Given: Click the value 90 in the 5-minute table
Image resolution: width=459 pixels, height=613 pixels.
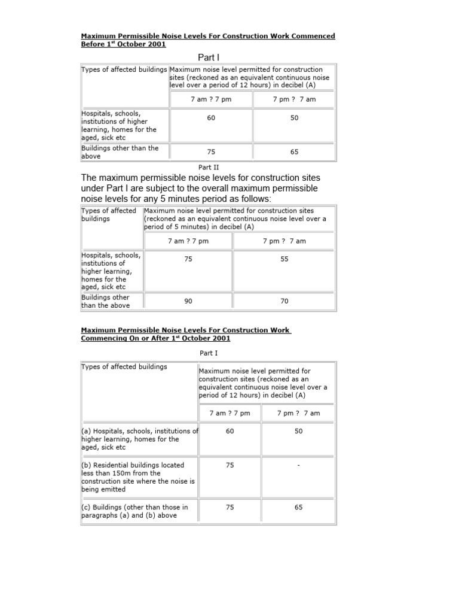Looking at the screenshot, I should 188,301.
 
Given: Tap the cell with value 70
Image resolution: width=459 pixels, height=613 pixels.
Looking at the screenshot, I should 284,301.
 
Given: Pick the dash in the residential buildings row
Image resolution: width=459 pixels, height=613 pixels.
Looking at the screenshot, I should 298,464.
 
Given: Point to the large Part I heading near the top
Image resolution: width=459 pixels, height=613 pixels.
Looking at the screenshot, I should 208,57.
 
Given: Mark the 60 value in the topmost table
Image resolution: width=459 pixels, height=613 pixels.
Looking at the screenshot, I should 211,118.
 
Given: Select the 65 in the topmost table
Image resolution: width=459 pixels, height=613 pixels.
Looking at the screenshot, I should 295,152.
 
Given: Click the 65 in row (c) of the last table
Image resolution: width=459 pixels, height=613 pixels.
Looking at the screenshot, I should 298,507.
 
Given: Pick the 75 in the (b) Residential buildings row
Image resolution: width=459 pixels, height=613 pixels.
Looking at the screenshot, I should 230,464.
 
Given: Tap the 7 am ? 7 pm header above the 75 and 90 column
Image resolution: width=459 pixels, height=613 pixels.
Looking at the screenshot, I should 188,241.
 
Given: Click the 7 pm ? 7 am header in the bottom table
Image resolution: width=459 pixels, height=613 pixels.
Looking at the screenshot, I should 298,413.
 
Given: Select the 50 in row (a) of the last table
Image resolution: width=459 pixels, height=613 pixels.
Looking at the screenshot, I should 298,431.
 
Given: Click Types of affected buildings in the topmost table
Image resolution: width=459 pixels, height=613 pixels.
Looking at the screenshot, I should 124,69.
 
